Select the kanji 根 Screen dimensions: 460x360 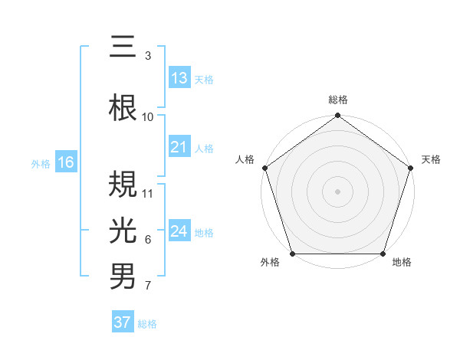pos(123,108)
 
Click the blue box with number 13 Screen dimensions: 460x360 pos(179,78)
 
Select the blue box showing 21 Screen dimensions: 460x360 pos(179,148)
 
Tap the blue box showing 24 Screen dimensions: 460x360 pos(179,231)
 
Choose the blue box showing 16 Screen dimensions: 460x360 pos(65,162)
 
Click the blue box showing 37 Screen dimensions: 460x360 pos(122,322)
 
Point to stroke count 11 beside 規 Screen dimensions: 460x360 pos(148,193)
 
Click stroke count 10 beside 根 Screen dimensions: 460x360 pos(148,116)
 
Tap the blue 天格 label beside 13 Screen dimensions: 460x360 pos(204,79)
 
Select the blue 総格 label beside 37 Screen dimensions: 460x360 pos(147,323)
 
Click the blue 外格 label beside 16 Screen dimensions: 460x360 pos(41,163)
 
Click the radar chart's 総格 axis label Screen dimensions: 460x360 pos(337,100)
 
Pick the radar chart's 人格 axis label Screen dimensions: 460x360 pos(245,159)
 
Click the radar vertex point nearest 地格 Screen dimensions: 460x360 pos(383,254)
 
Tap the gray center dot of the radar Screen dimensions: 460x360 pos(337,191)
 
